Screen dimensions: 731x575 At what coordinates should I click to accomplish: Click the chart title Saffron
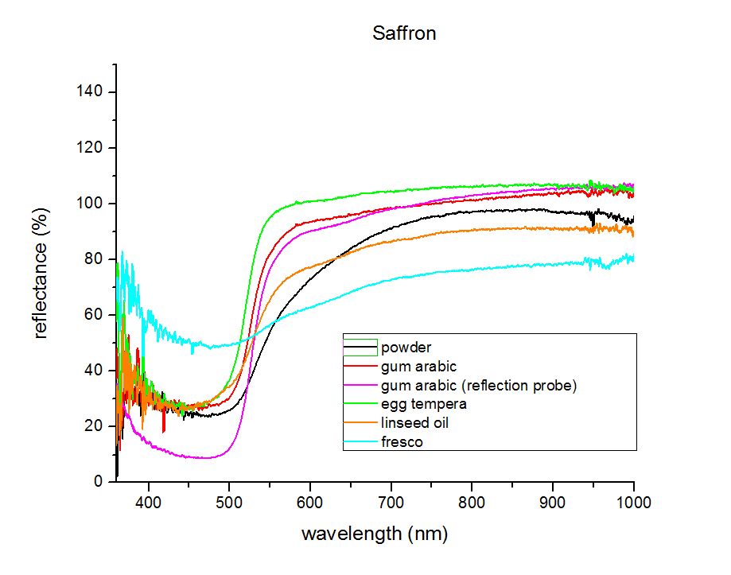[x=404, y=33]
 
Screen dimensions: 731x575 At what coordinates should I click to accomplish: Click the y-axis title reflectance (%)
[x=41, y=274]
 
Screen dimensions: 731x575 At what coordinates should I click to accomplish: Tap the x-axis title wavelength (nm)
[x=375, y=534]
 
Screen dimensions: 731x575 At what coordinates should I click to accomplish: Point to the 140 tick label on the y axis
[x=89, y=91]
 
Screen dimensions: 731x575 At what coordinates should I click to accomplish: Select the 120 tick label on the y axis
[x=89, y=148]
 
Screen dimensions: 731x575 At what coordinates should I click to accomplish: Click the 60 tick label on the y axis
[x=93, y=314]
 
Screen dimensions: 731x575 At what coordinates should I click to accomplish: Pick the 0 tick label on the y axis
[x=98, y=481]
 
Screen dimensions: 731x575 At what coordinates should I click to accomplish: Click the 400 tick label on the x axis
[x=149, y=503]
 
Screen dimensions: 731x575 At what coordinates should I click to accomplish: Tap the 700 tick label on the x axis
[x=391, y=503]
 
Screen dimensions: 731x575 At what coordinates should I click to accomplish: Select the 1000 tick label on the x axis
[x=634, y=503]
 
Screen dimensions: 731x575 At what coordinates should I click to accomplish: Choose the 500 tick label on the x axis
[x=229, y=503]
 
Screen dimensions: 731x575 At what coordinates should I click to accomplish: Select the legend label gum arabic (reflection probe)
[x=479, y=386]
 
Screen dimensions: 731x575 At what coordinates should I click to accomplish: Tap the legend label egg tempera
[x=424, y=404]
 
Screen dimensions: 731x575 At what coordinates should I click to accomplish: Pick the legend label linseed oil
[x=414, y=423]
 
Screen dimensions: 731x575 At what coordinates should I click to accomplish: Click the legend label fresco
[x=402, y=441]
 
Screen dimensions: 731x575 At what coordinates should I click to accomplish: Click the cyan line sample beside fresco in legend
[x=360, y=441]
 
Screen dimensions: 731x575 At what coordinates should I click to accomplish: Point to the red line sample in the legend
[x=360, y=367]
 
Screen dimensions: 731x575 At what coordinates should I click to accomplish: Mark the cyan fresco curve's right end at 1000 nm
[x=633, y=258]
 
